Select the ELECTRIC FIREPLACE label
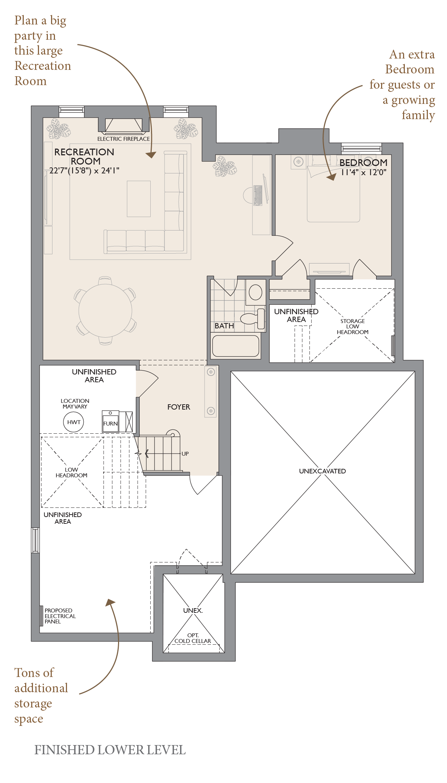pyautogui.click(x=123, y=139)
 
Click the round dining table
pyautogui.click(x=105, y=311)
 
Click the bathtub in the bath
pyautogui.click(x=236, y=346)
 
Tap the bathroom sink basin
pyautogui.click(x=255, y=293)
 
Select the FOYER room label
pyautogui.click(x=179, y=407)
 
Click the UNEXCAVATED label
pyautogui.click(x=323, y=471)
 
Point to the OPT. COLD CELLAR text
pyautogui.click(x=193, y=638)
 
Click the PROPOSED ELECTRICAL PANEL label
pyautogui.click(x=60, y=616)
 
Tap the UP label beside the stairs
pyautogui.click(x=185, y=454)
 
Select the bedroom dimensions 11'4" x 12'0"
pyautogui.click(x=363, y=173)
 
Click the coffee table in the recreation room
pyautogui.click(x=139, y=199)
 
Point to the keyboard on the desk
pyautogui.click(x=258, y=195)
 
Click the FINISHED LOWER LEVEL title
pyautogui.click(x=110, y=750)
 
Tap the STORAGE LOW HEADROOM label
pyautogui.click(x=353, y=327)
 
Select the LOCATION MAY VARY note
pyautogui.click(x=75, y=404)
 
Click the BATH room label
pyautogui.click(x=224, y=326)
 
